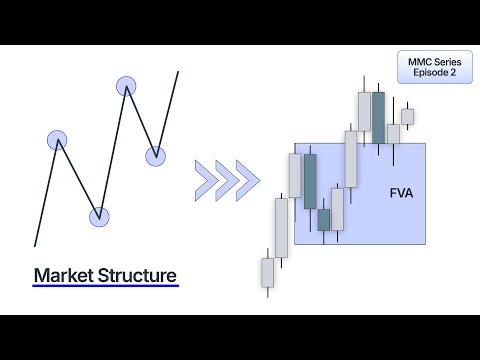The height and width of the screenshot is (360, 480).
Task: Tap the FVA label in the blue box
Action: [401, 189]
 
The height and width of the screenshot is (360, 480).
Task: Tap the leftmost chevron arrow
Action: [206, 179]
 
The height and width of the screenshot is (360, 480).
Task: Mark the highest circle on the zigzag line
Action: [126, 86]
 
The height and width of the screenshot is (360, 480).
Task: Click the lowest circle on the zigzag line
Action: [98, 216]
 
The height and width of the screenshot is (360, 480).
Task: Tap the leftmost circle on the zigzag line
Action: [57, 140]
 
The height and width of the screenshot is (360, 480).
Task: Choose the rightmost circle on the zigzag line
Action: [155, 155]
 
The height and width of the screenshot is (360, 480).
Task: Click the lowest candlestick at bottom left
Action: [267, 272]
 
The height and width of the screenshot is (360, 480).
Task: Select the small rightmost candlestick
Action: [407, 116]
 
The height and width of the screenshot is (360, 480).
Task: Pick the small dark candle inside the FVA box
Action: [323, 219]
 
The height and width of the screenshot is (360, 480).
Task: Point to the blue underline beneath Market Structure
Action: [105, 287]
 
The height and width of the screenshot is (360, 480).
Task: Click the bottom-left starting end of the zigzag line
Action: [35, 244]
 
